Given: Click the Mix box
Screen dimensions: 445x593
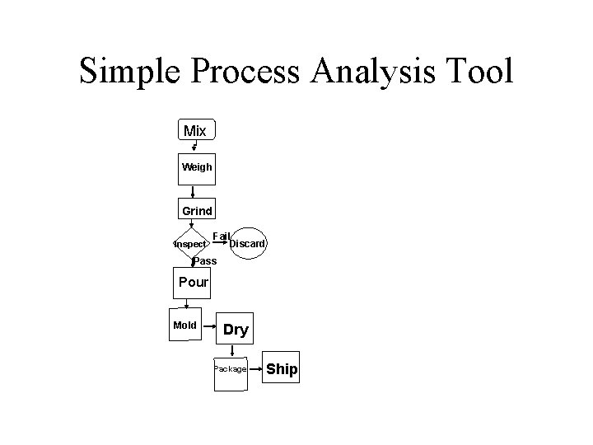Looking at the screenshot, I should click(x=196, y=131).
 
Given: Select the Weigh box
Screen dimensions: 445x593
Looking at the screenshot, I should click(x=196, y=167).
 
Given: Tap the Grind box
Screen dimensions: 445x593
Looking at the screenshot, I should click(x=197, y=211).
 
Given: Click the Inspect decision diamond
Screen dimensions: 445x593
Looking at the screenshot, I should click(x=190, y=245).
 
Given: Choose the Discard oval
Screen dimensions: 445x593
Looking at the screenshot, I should click(x=247, y=243).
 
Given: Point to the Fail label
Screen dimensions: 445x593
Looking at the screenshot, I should click(x=221, y=237).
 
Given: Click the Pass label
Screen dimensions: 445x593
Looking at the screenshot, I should click(x=204, y=261).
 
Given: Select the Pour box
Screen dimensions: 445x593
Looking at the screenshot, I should click(x=194, y=283).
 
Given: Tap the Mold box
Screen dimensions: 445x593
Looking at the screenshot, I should click(x=185, y=326).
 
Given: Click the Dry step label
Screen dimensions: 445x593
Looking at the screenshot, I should click(x=236, y=330).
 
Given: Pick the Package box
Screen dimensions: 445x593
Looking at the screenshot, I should click(x=230, y=369).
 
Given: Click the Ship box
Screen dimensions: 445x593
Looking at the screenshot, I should click(x=282, y=369).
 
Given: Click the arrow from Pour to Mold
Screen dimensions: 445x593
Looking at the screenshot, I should click(x=187, y=303).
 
